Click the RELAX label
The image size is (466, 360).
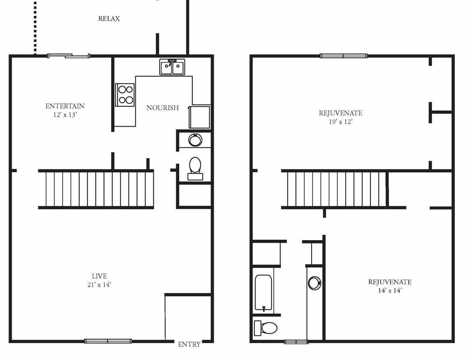109,19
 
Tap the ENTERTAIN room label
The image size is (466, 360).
65,106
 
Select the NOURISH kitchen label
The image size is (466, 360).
163,108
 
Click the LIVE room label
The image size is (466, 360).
99,276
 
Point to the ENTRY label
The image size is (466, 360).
189,344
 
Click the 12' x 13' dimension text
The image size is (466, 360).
65,115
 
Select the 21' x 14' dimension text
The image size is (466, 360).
99,285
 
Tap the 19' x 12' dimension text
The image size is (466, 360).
340,122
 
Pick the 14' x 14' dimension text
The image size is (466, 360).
389,291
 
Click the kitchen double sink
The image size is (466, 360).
172,67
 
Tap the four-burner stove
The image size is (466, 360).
125,94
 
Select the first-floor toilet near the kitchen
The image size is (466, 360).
195,165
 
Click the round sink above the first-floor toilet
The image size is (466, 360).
195,140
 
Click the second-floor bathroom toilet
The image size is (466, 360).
266,328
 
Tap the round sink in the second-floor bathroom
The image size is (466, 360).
315,283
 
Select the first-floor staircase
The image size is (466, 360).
96,189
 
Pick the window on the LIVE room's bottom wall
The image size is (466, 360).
108,341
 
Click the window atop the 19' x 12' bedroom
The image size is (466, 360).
343,56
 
